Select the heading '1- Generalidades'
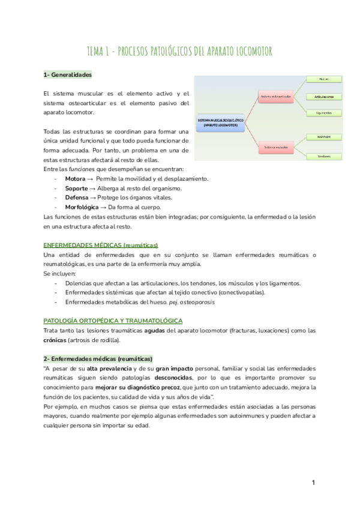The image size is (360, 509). point(67,75)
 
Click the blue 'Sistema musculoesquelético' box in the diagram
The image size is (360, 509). point(220,122)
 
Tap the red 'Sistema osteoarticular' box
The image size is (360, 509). point(275,96)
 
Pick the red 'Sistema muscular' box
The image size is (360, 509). point(275,146)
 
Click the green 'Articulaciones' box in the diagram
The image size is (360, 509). point(324,96)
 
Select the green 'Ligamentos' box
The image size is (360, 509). point(324,113)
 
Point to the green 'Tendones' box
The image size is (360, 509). point(324,157)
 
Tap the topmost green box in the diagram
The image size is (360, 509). point(324,79)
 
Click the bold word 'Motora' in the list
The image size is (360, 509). point(75,179)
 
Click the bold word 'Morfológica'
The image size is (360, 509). point(81,206)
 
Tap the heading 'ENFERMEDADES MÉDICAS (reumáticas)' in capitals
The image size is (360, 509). point(101,245)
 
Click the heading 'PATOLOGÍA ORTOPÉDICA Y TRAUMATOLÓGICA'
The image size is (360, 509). point(113,321)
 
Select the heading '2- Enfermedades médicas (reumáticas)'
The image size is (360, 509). point(98,358)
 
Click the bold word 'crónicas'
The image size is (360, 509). point(56,340)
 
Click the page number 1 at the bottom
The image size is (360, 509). point(313,483)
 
